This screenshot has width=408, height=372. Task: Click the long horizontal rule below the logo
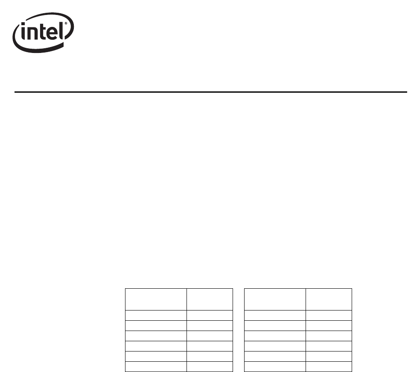click(211, 92)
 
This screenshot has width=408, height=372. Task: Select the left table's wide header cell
click(156, 299)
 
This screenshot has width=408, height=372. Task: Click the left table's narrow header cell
click(210, 299)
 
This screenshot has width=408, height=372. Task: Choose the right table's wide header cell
click(275, 299)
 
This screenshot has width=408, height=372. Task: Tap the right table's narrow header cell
click(329, 299)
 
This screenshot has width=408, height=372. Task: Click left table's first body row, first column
click(156, 315)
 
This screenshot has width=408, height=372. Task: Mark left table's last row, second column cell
click(210, 366)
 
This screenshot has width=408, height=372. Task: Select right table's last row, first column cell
click(275, 366)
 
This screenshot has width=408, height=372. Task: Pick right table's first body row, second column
click(329, 315)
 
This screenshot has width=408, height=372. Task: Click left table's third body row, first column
click(156, 336)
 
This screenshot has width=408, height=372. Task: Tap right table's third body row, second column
click(329, 336)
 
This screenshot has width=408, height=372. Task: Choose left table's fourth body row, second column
click(210, 346)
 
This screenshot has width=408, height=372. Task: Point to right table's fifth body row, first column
click(275, 356)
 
